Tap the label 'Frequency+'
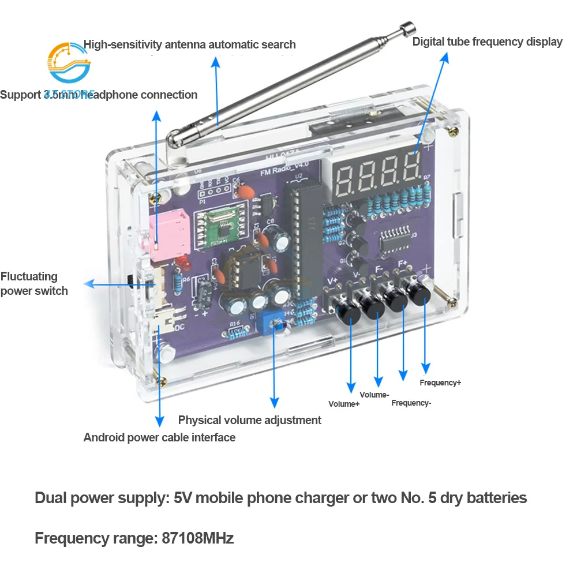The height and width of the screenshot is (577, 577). pos(440,383)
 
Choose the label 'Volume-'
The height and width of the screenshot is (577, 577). pos(374,395)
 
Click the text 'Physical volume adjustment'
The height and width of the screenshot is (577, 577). pos(249,420)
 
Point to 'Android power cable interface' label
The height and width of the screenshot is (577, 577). pos(159,437)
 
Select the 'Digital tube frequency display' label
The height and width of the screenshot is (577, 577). pos(487,42)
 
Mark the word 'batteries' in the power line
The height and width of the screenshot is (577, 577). pos(489,498)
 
